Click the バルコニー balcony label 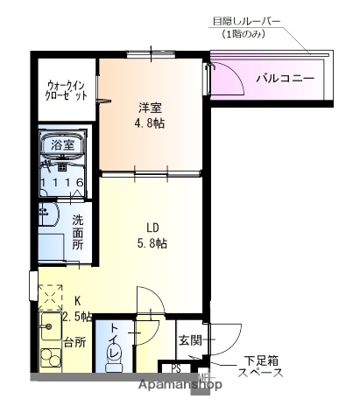coord(286,78)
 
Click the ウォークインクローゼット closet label coord(67,90)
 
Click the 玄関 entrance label coord(190,339)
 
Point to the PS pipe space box coord(175,368)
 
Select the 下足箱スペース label coord(261,367)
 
